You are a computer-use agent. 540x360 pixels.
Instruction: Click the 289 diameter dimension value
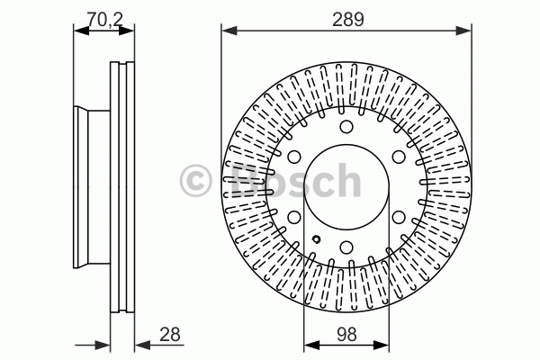tap(347, 20)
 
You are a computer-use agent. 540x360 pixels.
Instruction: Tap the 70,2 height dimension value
tap(104, 19)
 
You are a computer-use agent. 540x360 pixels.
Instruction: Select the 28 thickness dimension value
tap(170, 334)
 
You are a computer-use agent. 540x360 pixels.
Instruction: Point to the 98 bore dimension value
tap(346, 334)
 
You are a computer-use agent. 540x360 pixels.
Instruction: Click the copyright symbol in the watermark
tap(195, 181)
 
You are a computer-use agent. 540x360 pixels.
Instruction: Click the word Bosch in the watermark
tap(295, 181)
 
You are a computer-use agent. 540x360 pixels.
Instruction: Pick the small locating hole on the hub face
tap(316, 238)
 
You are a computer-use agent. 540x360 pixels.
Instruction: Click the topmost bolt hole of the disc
tap(346, 126)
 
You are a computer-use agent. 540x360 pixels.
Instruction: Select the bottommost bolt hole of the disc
tap(346, 247)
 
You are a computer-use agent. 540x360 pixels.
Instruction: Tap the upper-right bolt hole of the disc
tap(399, 157)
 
